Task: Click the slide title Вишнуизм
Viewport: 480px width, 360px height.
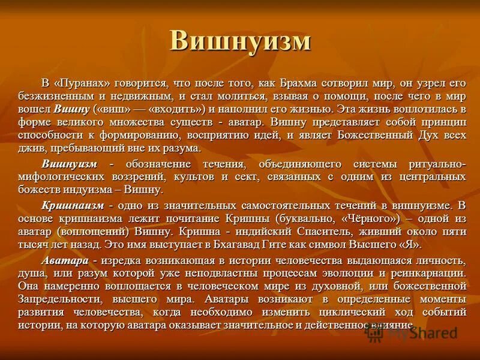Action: point(240,41)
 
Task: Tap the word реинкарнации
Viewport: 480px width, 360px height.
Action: point(430,273)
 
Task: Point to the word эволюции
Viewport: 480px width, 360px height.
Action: point(354,273)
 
